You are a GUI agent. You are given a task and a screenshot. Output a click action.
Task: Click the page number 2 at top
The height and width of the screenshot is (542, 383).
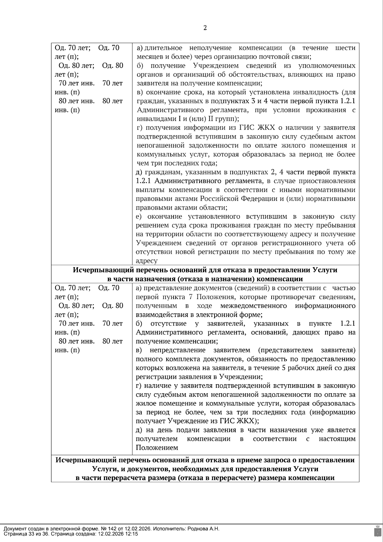(x=205, y=28)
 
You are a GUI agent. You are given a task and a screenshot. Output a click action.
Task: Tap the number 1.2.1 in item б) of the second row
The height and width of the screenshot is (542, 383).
(x=348, y=324)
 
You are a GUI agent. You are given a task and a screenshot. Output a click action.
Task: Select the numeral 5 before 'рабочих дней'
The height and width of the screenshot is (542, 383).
(x=284, y=368)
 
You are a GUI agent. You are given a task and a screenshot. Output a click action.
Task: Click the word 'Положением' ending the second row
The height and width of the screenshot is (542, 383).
(x=157, y=448)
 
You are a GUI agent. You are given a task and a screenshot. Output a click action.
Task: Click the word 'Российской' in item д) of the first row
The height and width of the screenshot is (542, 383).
(x=220, y=199)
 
